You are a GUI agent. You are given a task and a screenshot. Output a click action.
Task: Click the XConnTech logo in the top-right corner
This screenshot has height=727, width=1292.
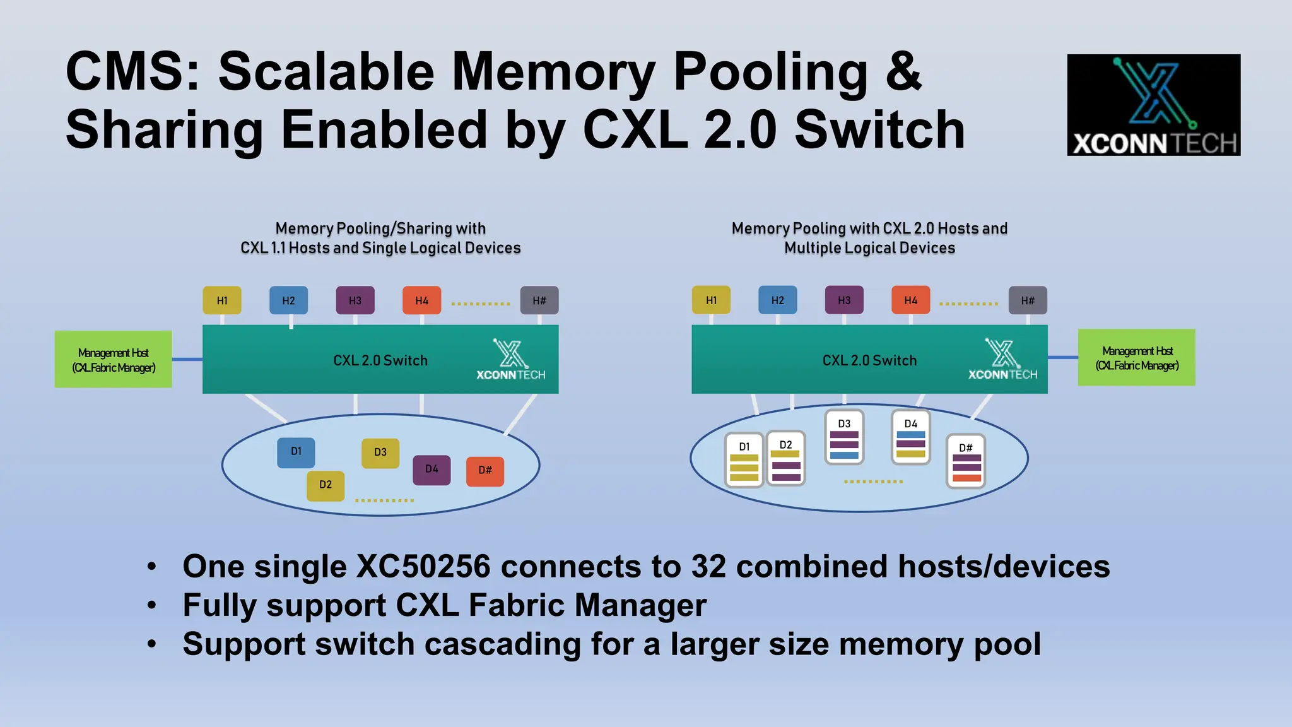[1153, 105]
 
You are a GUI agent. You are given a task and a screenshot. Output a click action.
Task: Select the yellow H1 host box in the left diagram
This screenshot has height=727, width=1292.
[222, 300]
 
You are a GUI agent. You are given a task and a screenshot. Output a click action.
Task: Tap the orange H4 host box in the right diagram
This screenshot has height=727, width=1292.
[910, 300]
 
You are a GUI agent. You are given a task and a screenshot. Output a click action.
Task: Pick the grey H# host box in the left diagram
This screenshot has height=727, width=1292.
[539, 300]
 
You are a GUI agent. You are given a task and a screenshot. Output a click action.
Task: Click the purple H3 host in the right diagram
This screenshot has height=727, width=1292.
[844, 300]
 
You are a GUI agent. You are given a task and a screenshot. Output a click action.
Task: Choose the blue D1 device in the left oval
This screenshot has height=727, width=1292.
[296, 452]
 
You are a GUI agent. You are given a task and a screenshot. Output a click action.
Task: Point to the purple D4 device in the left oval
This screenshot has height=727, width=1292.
[432, 470]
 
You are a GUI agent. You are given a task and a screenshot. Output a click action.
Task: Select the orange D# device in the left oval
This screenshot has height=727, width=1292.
[484, 471]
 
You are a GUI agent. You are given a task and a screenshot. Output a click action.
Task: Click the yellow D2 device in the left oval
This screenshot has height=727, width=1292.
[326, 485]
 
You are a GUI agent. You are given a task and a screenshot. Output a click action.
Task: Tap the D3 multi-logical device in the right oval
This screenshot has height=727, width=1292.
[844, 437]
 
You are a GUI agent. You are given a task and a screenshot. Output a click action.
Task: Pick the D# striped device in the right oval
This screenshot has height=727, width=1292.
[966, 461]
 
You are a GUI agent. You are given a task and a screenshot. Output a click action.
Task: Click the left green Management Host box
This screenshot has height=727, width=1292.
[114, 360]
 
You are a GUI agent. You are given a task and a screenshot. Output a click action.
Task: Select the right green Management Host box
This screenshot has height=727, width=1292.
[1137, 358]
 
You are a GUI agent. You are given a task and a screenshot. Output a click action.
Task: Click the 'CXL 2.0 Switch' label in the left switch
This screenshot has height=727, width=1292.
[380, 360]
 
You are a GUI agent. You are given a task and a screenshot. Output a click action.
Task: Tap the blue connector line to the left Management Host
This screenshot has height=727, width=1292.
[187, 360]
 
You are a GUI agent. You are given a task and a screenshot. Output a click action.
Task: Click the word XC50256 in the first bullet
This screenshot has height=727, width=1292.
[423, 566]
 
